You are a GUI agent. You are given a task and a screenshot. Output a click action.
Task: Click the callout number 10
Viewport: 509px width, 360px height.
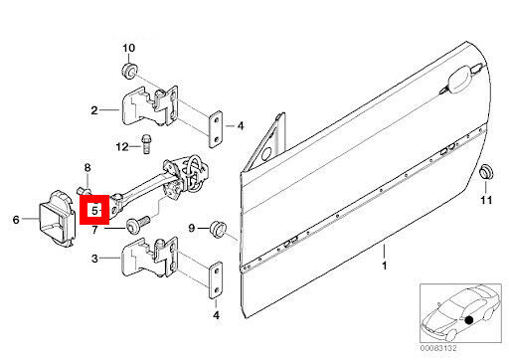coord(129,48)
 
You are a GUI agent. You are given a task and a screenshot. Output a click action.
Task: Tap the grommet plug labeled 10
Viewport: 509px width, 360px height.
coord(128,71)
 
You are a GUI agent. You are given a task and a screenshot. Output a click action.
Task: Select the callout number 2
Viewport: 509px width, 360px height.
coord(94,110)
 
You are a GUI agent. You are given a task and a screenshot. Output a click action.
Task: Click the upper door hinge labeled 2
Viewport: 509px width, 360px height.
coord(150,106)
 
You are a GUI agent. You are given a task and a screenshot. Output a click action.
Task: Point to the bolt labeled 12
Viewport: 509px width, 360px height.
coord(145,144)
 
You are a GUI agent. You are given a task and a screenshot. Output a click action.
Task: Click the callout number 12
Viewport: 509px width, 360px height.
coord(122,146)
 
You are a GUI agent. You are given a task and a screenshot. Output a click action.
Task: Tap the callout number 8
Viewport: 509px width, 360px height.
coord(87,168)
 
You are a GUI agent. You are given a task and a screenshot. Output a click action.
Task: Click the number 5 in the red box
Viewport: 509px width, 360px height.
coord(94,210)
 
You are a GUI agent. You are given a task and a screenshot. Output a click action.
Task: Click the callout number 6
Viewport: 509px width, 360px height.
coord(16,219)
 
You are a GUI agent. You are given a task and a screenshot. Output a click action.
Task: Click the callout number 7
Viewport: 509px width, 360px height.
coord(94,230)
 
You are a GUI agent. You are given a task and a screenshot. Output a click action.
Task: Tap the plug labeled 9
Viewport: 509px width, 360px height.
coord(218,229)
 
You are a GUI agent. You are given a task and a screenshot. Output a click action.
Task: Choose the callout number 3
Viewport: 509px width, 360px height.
coord(94,259)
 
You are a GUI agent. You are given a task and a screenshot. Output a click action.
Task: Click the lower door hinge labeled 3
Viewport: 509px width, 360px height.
coord(150,258)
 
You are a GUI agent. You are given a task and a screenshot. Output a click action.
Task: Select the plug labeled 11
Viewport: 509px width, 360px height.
coord(486,172)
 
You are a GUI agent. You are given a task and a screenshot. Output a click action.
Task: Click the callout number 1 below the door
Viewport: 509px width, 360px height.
coord(385,266)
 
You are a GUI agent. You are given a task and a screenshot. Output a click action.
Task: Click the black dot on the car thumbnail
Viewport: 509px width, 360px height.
coord(468,320)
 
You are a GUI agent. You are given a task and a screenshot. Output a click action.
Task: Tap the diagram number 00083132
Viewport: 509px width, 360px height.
coord(438,348)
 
